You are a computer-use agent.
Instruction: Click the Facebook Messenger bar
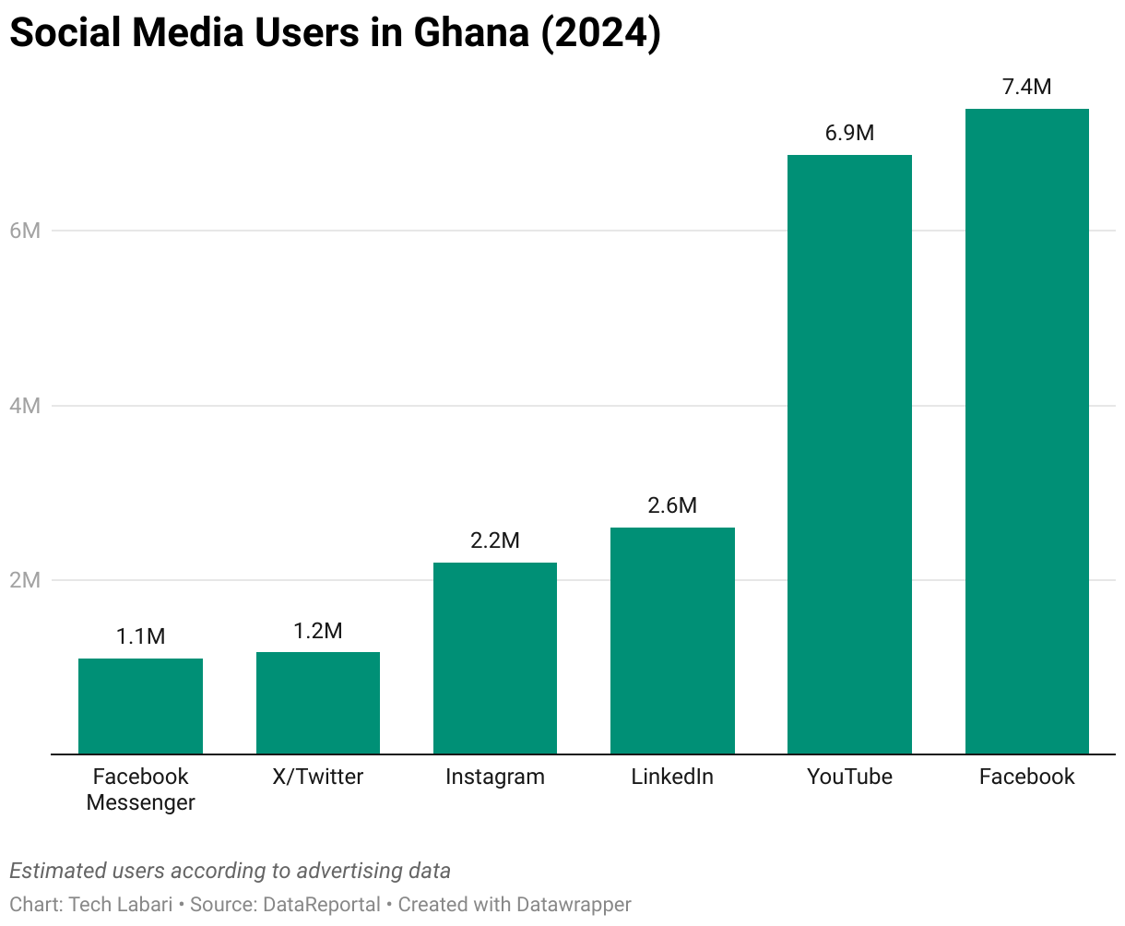(140, 706)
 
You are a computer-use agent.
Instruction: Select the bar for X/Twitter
(318, 703)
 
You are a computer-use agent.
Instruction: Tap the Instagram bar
(495, 659)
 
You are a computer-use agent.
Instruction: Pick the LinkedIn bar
(672, 641)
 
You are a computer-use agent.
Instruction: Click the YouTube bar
(849, 455)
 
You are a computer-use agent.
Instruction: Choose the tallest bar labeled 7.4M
(1026, 432)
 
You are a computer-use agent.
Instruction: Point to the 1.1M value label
(140, 636)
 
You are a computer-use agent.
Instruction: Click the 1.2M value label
(318, 631)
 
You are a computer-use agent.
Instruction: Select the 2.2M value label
(495, 540)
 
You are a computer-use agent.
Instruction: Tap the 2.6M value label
(672, 505)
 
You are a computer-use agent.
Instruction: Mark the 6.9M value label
(849, 133)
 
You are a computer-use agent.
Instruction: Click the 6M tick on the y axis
(25, 231)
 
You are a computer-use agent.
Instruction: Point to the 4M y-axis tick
(25, 406)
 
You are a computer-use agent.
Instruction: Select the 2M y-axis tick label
(25, 580)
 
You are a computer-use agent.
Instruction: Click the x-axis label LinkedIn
(672, 777)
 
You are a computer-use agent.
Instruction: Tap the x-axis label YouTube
(849, 777)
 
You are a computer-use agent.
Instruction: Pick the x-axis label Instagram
(495, 777)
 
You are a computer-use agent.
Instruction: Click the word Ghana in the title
(470, 33)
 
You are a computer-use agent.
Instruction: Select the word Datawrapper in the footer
(574, 905)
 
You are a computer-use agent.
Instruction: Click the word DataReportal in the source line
(322, 905)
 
